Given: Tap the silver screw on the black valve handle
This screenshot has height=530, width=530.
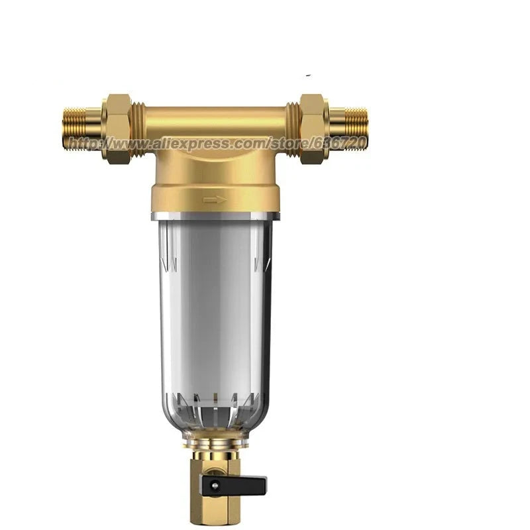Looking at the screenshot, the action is click(x=215, y=486).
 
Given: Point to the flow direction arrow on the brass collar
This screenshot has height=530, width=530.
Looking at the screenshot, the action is click(x=215, y=200).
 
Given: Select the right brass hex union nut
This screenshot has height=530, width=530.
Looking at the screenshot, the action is click(x=313, y=129).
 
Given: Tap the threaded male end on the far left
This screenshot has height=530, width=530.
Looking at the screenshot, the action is click(x=81, y=129).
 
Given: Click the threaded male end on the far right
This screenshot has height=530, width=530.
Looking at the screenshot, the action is click(x=348, y=129).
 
